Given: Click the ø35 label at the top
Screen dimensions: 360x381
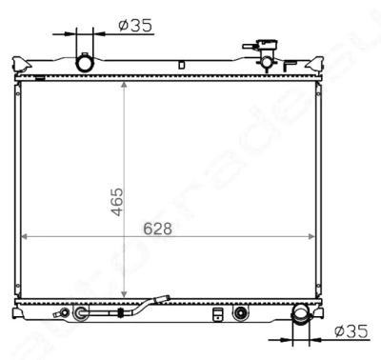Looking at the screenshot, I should click(x=137, y=26).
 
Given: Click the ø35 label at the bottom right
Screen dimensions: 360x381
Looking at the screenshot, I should click(x=352, y=330).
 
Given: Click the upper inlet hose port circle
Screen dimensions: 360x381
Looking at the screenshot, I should click(x=86, y=63).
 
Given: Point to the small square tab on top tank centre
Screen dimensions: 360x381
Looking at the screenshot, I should click(x=181, y=65).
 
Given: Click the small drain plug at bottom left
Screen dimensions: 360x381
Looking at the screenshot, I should click(x=64, y=312).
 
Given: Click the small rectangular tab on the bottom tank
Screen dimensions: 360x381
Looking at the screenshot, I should click(x=218, y=313).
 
